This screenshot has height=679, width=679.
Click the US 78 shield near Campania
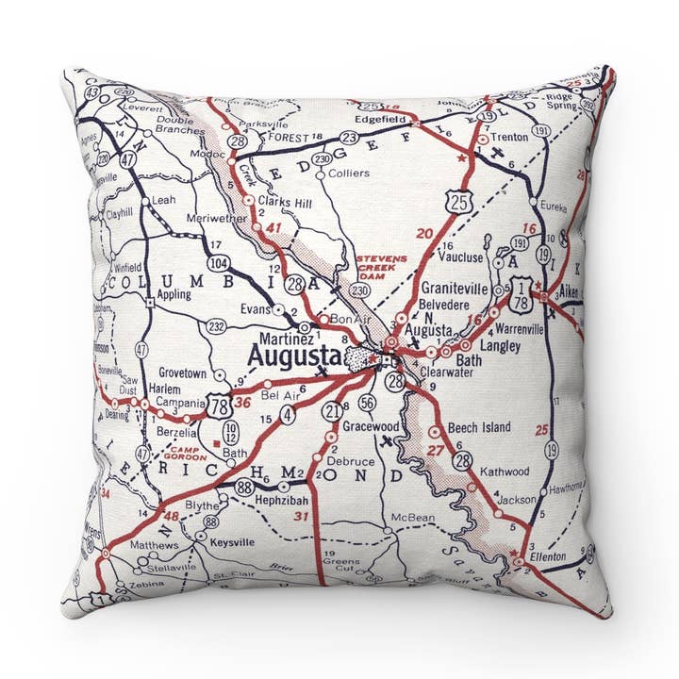point(220,406)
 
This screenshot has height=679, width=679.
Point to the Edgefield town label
point(380,120)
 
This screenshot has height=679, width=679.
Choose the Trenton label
point(509,137)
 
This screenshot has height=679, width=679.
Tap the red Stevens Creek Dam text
point(381,269)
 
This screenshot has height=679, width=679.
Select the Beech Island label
point(478,427)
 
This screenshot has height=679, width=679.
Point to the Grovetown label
point(182,373)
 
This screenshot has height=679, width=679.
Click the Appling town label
point(174,294)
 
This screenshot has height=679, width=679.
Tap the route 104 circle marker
point(219,262)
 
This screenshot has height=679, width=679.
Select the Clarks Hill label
point(284,201)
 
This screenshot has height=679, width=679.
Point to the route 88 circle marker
point(244,487)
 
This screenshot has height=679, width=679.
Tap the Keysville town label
point(231,544)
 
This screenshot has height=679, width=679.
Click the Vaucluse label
point(461,256)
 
